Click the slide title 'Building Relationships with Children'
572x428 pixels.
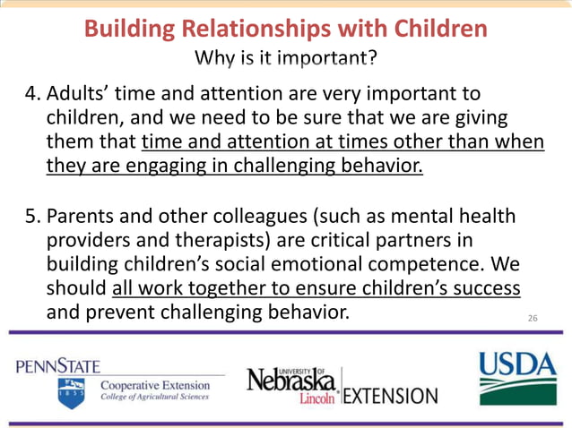click(x=285, y=29)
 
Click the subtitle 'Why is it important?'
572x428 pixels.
click(x=286, y=61)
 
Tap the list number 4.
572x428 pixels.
click(x=30, y=94)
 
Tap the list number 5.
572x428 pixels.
click(x=30, y=219)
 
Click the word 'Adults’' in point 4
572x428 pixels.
click(x=79, y=94)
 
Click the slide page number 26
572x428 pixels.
click(x=533, y=318)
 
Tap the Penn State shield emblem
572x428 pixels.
click(x=72, y=393)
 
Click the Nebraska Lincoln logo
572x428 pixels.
click(x=293, y=384)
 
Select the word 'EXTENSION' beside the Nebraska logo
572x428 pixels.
click(x=392, y=395)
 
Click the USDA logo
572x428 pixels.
click(x=517, y=377)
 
